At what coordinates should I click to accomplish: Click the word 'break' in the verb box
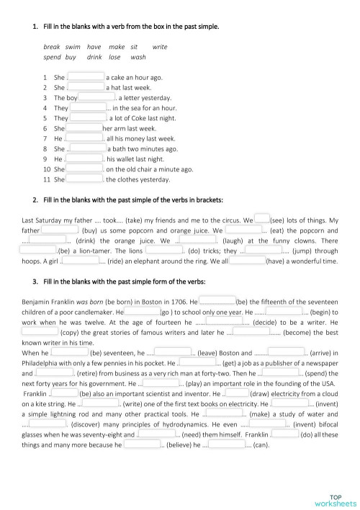52,47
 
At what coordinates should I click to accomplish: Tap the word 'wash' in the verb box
138,56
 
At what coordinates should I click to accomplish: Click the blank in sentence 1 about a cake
86,76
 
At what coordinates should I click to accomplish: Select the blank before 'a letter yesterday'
96,97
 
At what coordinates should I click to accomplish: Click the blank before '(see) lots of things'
262,219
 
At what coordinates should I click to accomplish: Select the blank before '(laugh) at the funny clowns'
197,240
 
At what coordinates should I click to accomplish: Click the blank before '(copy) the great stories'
40,333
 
